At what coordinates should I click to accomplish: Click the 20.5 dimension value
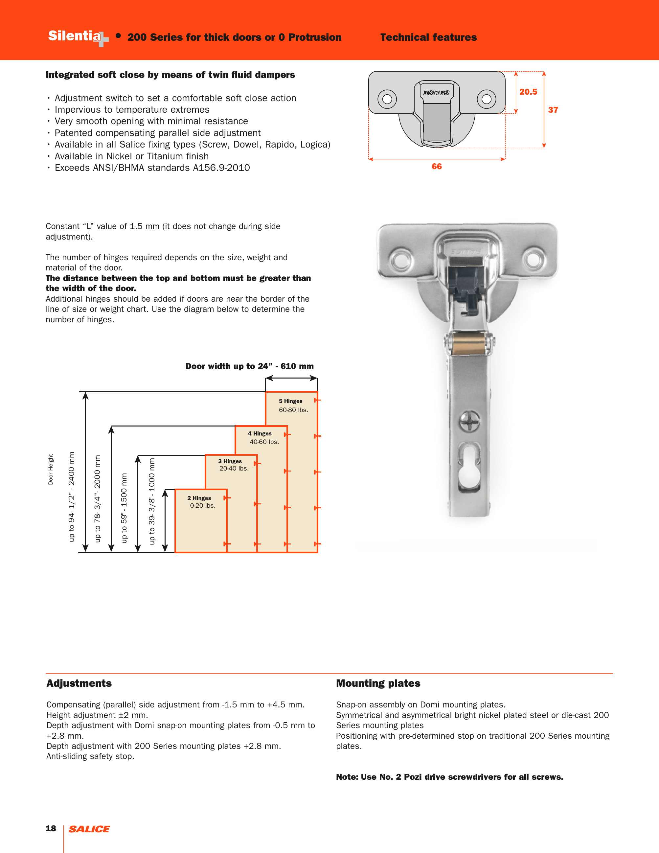tap(528, 92)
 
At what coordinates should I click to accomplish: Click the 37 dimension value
tap(553, 110)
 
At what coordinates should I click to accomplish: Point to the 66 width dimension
tap(437, 166)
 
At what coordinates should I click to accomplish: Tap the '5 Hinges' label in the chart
tap(290, 401)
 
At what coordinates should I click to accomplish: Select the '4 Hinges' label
tap(260, 433)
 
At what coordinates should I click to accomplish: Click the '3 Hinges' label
tap(230, 461)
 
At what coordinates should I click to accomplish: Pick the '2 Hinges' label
tap(199, 498)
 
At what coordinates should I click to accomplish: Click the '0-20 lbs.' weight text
tap(203, 505)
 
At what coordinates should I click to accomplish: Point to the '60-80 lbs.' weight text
tap(293, 410)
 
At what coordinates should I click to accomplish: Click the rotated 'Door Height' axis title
tap(51, 469)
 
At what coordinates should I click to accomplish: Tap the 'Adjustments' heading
tap(79, 683)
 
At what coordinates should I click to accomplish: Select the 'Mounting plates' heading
tap(378, 683)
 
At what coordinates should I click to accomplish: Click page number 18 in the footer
tap(51, 828)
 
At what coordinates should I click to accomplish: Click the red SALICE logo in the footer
tap(89, 829)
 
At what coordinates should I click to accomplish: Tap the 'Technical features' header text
tap(428, 37)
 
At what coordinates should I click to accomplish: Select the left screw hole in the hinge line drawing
tap(387, 99)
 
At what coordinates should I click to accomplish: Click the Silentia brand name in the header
tap(74, 36)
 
